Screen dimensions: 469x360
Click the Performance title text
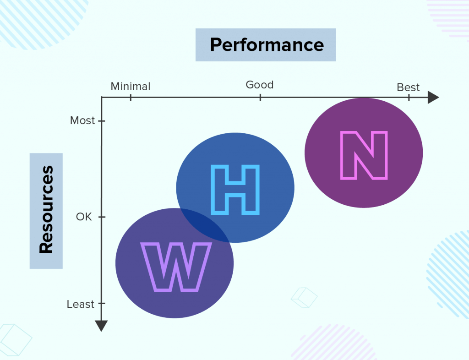[267, 45]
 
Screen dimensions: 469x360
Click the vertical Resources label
[46, 209]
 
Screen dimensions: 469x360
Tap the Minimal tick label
[131, 87]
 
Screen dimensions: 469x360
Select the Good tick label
[260, 85]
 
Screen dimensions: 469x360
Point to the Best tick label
[408, 87]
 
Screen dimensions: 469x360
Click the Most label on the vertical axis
[82, 120]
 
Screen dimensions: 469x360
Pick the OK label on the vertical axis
[84, 217]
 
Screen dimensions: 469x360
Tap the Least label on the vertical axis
[80, 304]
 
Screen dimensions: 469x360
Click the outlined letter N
[364, 155]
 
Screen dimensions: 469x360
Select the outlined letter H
[235, 190]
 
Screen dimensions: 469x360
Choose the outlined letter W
[176, 267]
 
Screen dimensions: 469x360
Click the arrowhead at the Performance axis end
[433, 97]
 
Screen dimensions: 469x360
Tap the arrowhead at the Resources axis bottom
[101, 326]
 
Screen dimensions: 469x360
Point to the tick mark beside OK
[102, 217]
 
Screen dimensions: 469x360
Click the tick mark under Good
[260, 97]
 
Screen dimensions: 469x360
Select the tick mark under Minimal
[131, 97]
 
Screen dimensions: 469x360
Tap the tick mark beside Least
[102, 303]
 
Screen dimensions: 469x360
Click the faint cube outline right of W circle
[304, 298]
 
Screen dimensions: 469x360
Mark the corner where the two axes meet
[102, 97]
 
